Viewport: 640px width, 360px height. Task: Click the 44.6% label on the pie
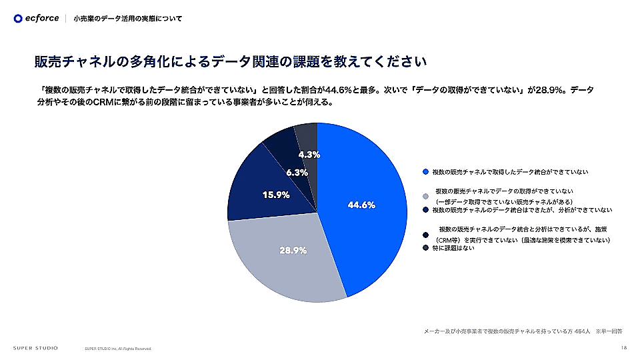pyautogui.click(x=361, y=205)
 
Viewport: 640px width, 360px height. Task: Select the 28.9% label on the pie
pyautogui.click(x=293, y=251)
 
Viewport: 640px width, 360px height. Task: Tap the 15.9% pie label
pyautogui.click(x=276, y=195)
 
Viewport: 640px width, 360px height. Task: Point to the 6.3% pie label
pyautogui.click(x=297, y=173)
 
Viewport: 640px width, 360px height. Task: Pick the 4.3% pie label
pyautogui.click(x=309, y=155)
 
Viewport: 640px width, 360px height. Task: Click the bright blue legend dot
pyautogui.click(x=425, y=172)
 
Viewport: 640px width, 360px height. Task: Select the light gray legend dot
pyautogui.click(x=425, y=196)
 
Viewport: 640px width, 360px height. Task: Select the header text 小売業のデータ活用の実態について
pyautogui.click(x=127, y=19)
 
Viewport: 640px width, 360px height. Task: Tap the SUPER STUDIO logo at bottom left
pyautogui.click(x=35, y=348)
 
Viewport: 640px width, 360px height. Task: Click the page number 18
pyautogui.click(x=623, y=347)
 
